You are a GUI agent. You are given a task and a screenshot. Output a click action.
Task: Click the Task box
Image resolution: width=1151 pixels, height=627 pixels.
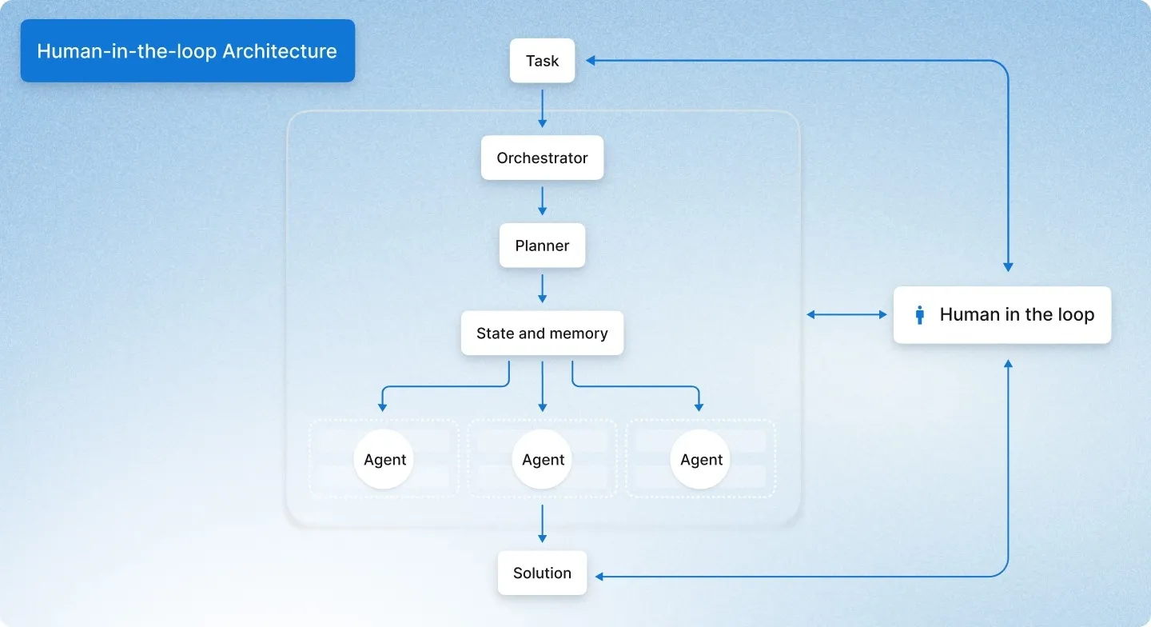[542, 61]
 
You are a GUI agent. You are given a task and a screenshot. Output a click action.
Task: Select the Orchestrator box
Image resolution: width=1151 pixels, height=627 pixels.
[542, 158]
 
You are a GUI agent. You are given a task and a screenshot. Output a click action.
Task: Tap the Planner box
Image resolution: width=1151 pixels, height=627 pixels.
[542, 246]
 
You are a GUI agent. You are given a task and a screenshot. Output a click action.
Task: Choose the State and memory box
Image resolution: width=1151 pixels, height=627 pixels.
[542, 333]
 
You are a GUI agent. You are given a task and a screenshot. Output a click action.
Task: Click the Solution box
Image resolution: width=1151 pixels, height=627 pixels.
[542, 573]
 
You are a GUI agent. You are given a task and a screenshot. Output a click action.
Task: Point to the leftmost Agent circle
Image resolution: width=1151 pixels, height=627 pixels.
[384, 459]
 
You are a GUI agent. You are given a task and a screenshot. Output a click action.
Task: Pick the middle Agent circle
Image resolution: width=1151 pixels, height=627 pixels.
[543, 459]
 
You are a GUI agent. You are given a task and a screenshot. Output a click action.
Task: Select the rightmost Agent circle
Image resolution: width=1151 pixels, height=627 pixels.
[701, 459]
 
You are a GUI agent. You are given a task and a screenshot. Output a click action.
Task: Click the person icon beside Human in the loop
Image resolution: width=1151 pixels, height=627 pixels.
[920, 314]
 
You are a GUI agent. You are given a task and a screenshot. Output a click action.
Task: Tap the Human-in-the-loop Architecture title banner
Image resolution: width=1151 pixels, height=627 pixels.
[187, 51]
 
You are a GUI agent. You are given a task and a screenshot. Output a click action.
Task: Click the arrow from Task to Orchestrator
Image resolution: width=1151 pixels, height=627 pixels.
[542, 108]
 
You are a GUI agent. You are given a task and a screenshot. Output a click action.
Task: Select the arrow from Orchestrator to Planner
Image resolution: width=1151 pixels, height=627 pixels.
[542, 201]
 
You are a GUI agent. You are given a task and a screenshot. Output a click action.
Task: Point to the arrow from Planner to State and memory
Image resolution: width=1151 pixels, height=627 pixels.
[542, 289]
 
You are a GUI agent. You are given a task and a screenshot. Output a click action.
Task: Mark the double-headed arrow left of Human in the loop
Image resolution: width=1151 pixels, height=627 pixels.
[846, 315]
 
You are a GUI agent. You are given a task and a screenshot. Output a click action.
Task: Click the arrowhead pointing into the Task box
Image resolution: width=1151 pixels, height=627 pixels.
[591, 61]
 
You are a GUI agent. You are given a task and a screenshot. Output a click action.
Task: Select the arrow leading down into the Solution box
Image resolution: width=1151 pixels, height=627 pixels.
[542, 524]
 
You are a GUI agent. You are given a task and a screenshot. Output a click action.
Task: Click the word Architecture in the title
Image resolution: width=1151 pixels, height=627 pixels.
[280, 51]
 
